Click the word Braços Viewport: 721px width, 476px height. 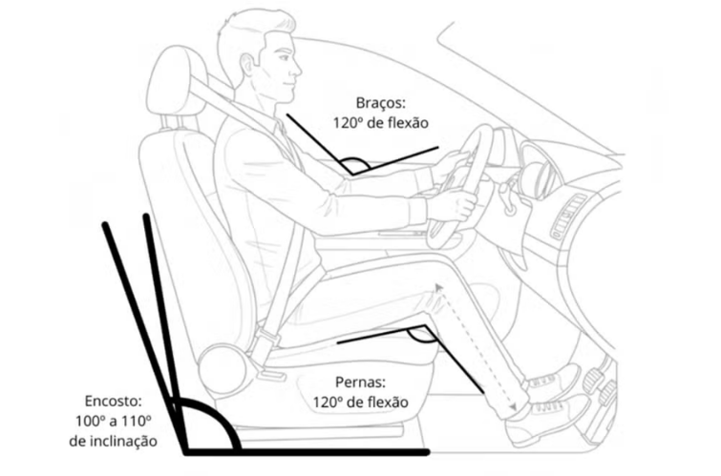point(381,103)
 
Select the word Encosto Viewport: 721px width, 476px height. point(112,402)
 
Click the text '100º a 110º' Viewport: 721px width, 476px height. point(112,422)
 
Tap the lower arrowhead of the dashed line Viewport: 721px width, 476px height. point(515,407)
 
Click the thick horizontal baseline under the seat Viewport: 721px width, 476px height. point(306,451)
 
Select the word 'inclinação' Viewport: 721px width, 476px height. point(112,442)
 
